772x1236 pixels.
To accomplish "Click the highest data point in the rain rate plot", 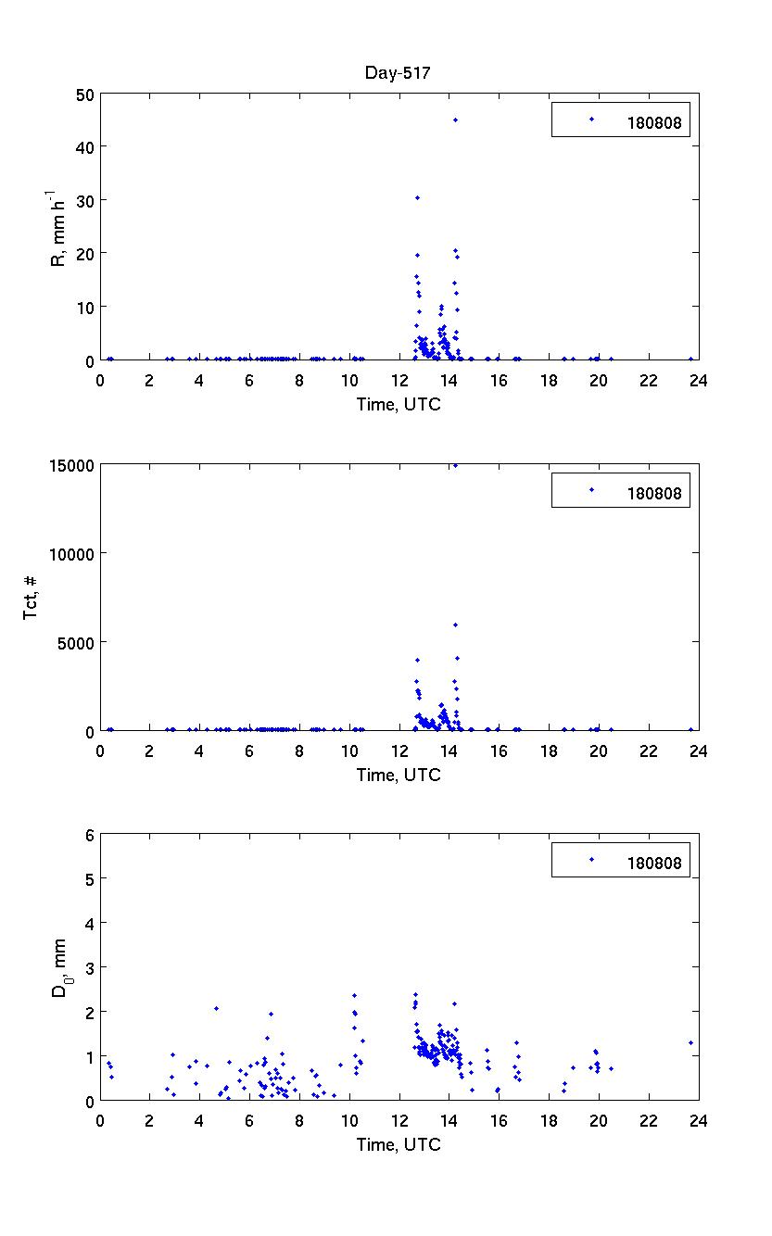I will [x=455, y=120].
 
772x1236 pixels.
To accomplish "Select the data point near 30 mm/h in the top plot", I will [x=417, y=197].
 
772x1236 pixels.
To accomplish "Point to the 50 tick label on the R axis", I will [x=85, y=95].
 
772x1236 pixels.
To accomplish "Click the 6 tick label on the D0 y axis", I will [x=90, y=835].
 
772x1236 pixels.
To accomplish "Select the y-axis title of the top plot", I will [x=57, y=227].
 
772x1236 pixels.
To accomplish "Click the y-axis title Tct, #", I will [x=32, y=597].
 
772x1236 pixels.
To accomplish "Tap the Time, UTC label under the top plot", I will [x=399, y=404].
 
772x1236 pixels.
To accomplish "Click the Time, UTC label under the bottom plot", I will [x=399, y=1145].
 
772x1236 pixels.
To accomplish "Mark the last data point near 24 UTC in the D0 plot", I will [x=690, y=1042].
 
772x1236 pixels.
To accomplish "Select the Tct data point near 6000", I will [x=455, y=624].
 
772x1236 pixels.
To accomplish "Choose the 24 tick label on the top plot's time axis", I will [x=698, y=381].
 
